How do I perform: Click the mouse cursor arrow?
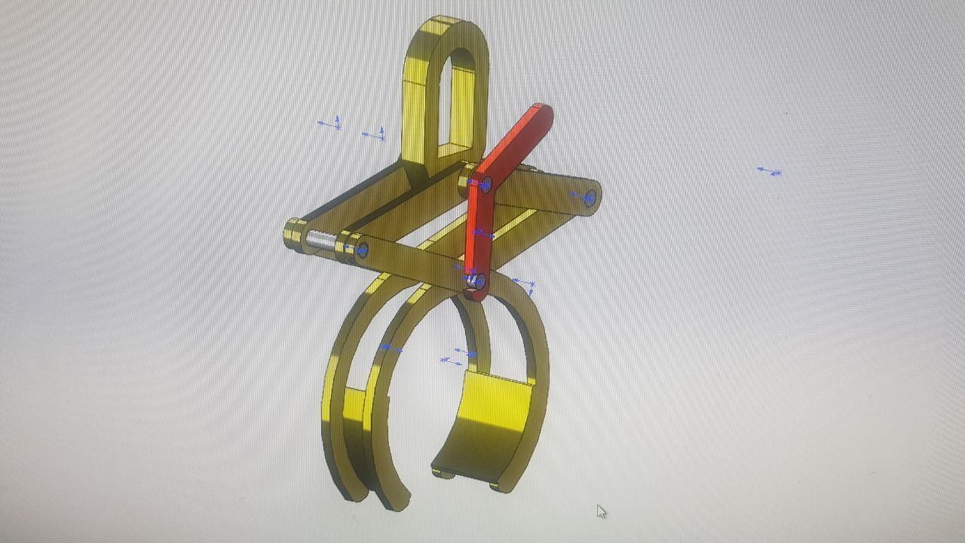click(601, 511)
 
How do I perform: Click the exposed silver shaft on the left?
click(320, 239)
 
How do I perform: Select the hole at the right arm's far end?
click(590, 198)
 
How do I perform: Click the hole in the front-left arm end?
click(362, 250)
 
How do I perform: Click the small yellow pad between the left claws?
click(354, 403)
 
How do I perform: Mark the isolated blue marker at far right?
click(770, 172)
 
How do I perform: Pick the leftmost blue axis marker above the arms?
click(330, 123)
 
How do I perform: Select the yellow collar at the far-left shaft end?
click(293, 233)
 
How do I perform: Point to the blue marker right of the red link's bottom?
click(525, 285)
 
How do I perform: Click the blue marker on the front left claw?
click(390, 348)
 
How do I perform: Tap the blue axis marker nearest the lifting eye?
click(375, 136)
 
